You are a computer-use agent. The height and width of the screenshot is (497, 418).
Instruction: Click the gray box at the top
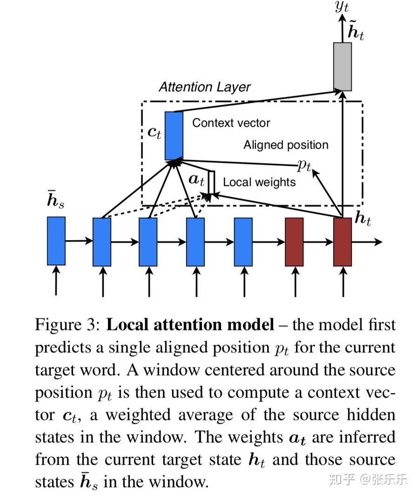[x=343, y=66]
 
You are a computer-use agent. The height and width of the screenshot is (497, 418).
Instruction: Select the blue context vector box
[x=174, y=135]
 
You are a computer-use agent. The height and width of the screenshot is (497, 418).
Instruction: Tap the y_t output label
[x=342, y=7]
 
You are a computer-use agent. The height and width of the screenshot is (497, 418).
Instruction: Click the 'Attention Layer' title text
[x=204, y=87]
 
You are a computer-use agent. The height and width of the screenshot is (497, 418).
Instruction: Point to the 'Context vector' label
[x=231, y=123]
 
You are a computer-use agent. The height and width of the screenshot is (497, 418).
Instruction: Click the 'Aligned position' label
[x=286, y=145]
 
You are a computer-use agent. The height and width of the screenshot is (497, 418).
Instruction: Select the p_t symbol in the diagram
[x=304, y=166]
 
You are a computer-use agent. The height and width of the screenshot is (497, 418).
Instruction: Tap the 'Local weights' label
[x=259, y=182]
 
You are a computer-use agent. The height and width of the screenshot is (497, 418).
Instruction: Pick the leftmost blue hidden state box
[x=56, y=241]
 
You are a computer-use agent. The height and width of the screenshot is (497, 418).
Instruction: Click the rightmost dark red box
[x=343, y=242]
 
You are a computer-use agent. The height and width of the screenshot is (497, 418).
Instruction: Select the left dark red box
[x=294, y=242]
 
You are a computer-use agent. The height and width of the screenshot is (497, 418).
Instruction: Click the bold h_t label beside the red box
[x=363, y=219]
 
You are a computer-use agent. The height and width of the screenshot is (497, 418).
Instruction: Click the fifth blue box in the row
[x=243, y=242]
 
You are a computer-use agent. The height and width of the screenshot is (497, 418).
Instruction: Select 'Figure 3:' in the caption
[x=67, y=324]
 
